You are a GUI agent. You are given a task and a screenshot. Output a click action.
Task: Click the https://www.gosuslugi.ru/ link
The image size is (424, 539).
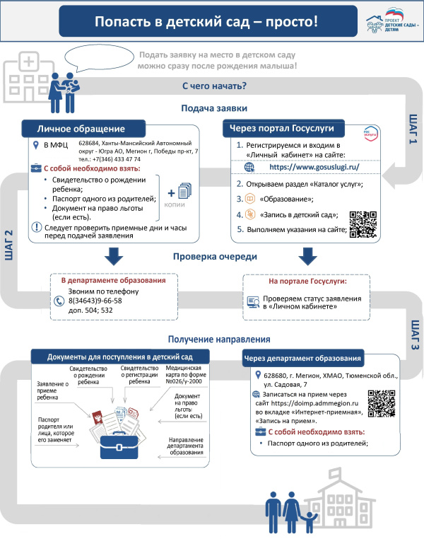[310, 167]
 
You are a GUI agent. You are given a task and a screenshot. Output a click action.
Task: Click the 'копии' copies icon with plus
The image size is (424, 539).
[177, 195]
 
